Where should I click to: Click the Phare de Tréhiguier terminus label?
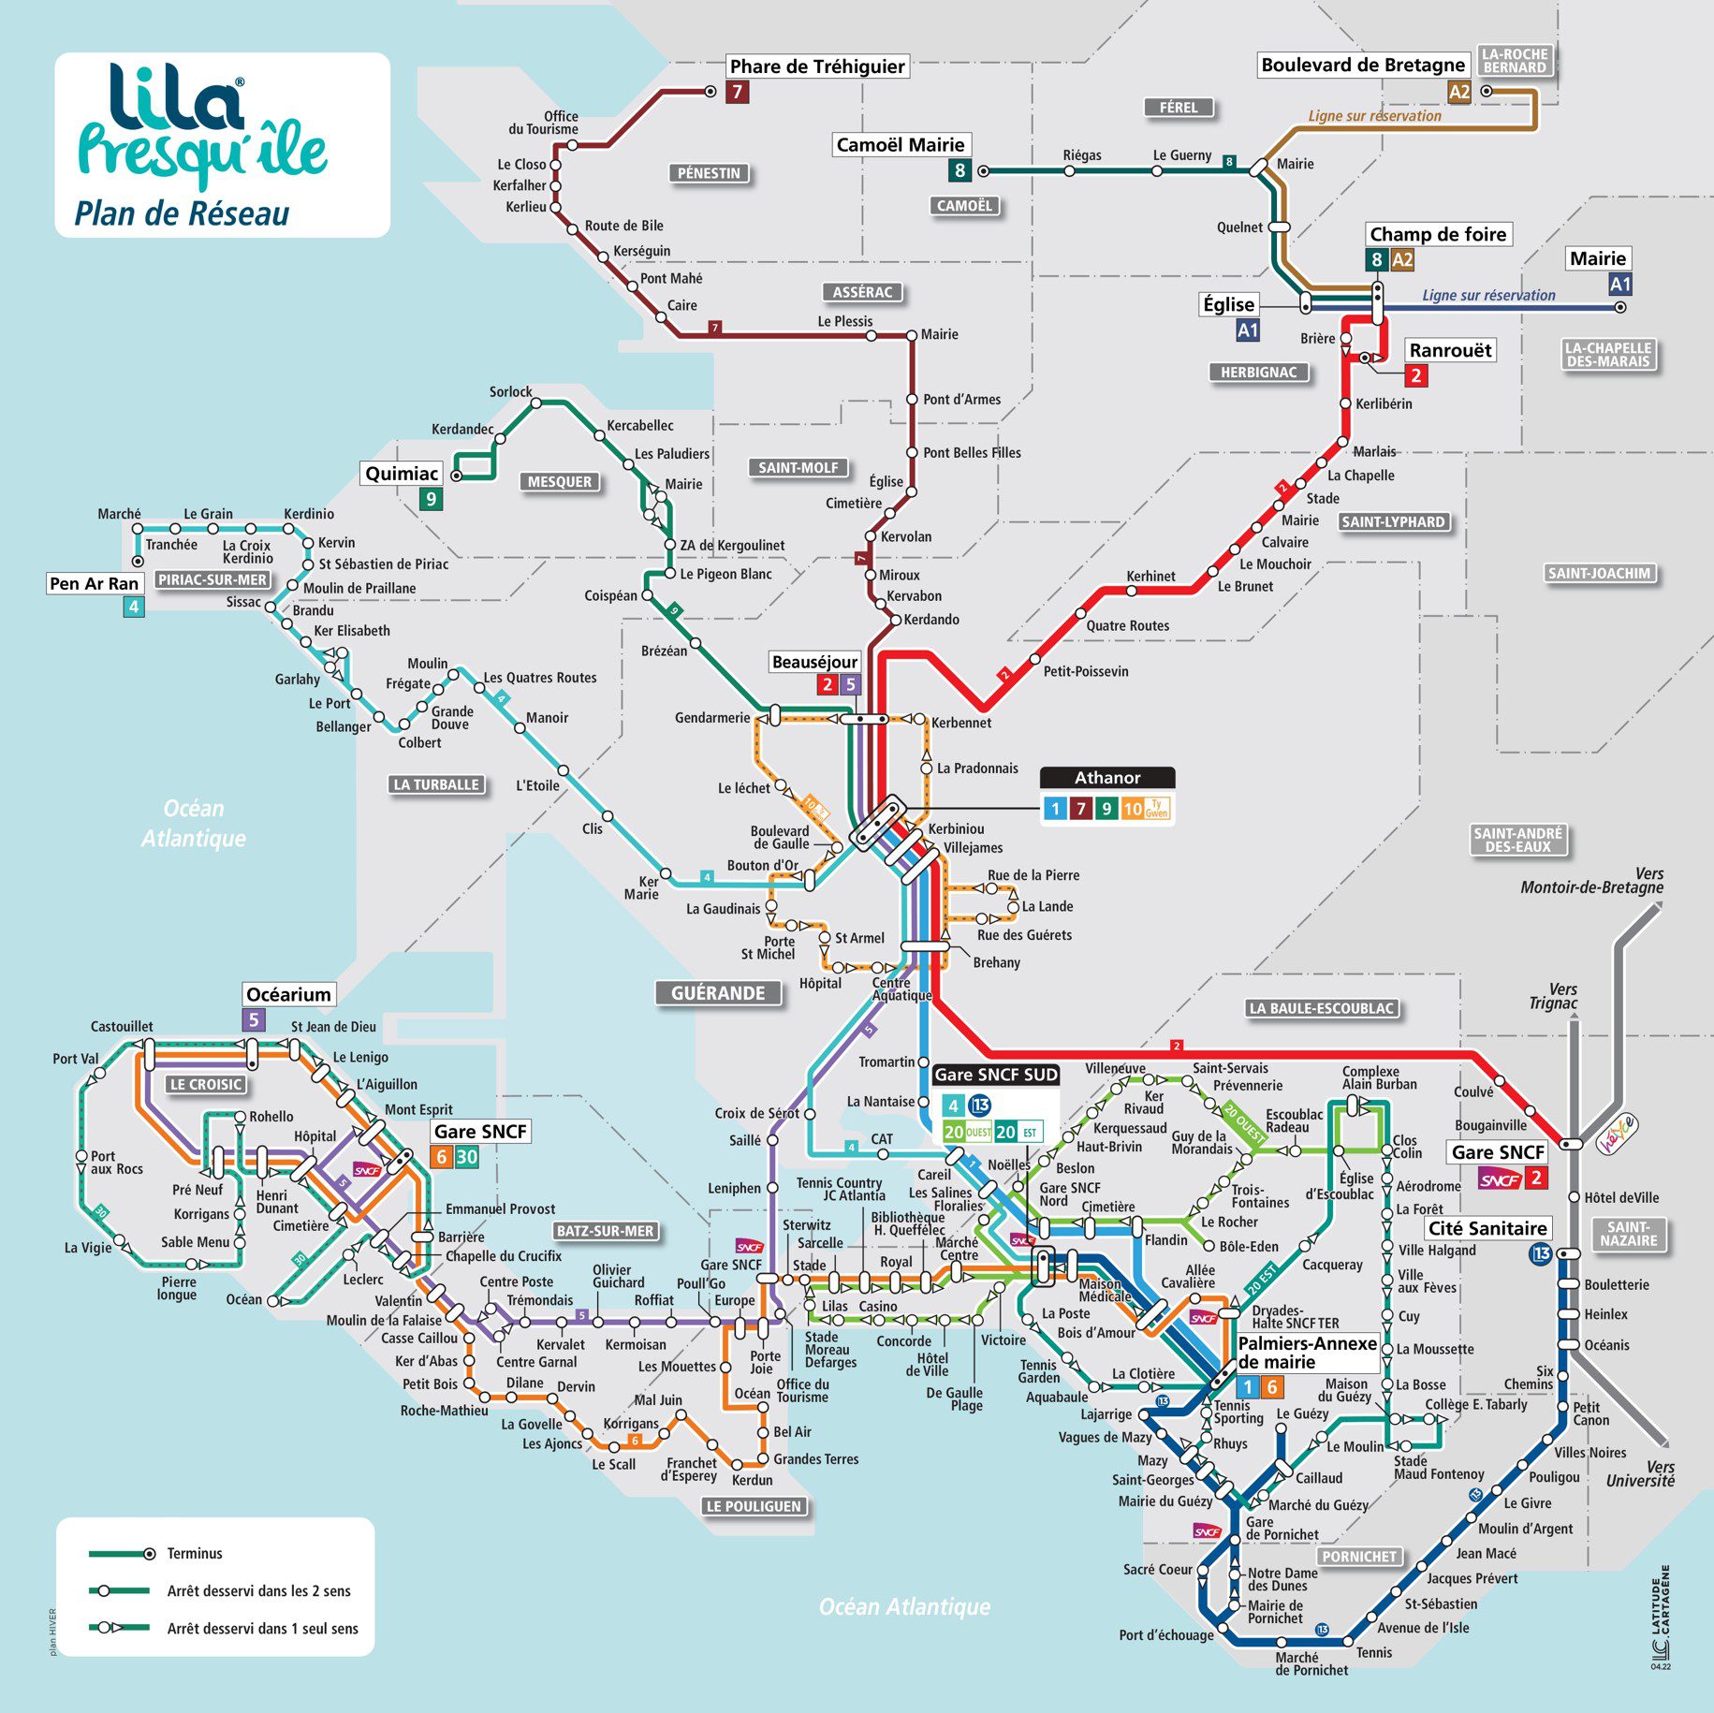(x=816, y=66)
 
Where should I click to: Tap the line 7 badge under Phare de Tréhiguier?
(x=738, y=92)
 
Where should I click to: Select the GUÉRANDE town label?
(x=718, y=993)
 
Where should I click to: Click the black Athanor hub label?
(x=1107, y=778)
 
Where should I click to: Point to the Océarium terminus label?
(x=288, y=994)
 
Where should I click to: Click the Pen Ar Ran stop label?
(x=94, y=583)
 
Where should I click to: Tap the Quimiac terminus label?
(x=402, y=474)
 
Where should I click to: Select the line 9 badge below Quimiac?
(x=431, y=499)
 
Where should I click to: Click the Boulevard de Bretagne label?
(x=1362, y=65)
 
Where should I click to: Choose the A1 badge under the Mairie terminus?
(x=1619, y=285)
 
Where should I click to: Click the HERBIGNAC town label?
(x=1258, y=373)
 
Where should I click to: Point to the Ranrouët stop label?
(x=1450, y=350)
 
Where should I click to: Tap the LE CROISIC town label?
(x=206, y=1084)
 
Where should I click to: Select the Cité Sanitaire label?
(x=1487, y=1228)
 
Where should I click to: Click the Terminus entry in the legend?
(x=195, y=1554)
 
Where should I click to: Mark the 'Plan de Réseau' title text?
(x=182, y=213)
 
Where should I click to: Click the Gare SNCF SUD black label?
(x=996, y=1075)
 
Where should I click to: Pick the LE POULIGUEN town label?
(x=754, y=1506)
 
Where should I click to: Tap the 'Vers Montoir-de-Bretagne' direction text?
(x=1591, y=881)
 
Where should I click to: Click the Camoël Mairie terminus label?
(x=900, y=145)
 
